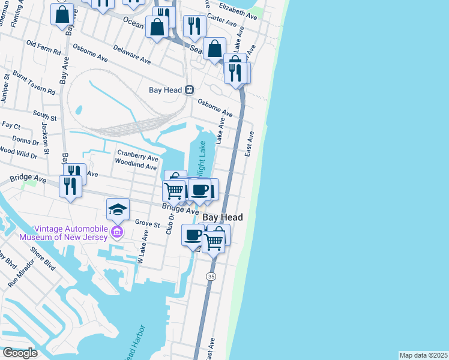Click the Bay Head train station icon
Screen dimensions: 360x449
click(189, 90)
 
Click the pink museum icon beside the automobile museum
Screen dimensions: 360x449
click(117, 232)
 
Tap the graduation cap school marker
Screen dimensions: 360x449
click(118, 210)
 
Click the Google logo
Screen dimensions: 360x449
click(20, 353)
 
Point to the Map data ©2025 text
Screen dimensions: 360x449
click(423, 355)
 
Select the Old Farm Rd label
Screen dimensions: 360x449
click(44, 48)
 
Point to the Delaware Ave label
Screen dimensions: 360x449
click(137, 58)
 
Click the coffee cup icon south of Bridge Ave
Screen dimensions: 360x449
click(193, 235)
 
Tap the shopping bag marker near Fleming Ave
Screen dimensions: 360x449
click(62, 14)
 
